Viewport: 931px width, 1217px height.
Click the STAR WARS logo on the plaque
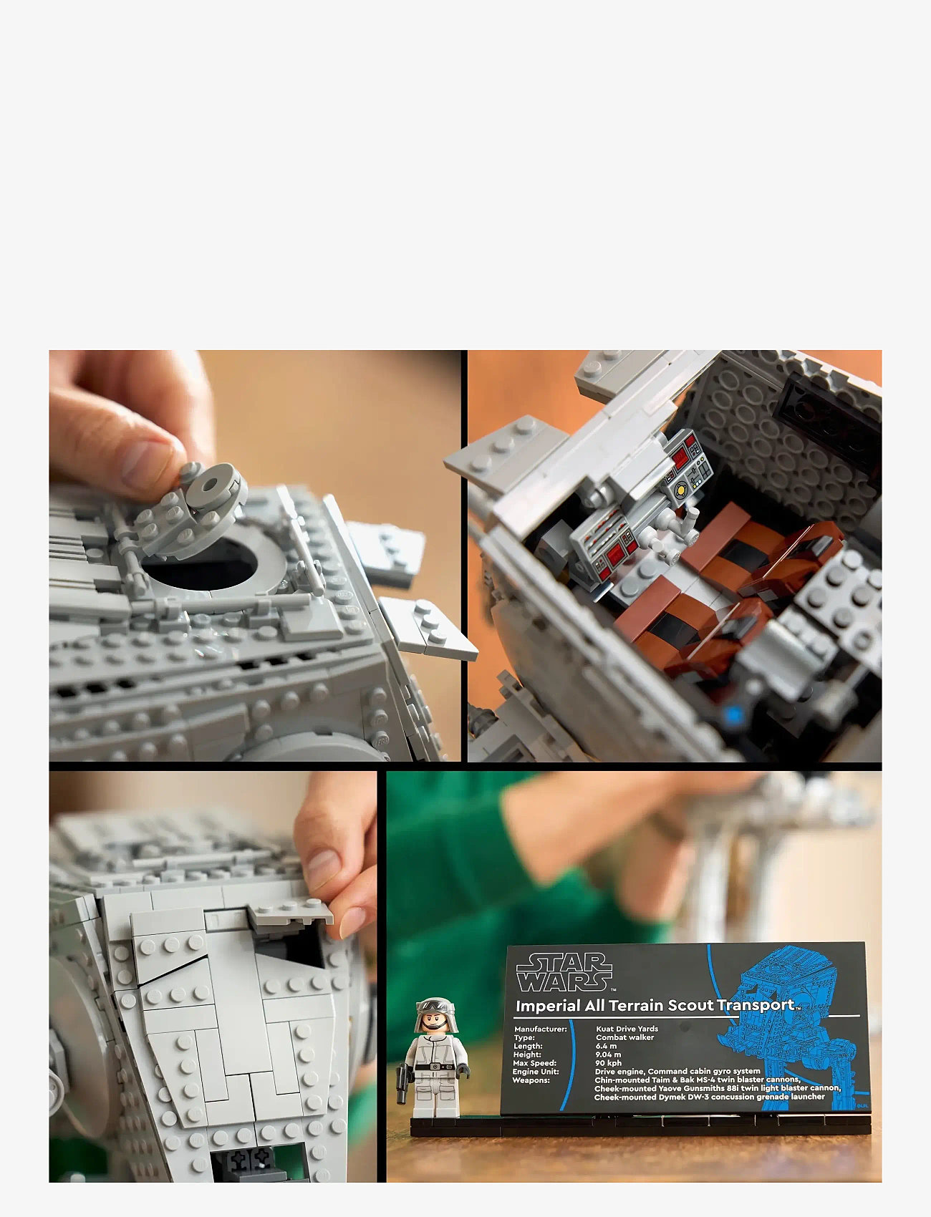pos(564,971)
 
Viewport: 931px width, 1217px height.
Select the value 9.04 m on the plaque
pos(608,1054)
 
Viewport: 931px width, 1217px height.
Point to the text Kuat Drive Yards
pos(627,1029)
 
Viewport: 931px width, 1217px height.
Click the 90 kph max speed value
pos(608,1063)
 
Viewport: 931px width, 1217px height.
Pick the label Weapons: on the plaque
pos(531,1080)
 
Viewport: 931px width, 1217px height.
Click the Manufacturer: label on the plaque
pos(540,1029)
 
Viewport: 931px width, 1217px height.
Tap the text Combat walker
pos(624,1037)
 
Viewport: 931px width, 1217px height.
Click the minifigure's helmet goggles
pos(435,1006)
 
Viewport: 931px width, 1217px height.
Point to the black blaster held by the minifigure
pos(402,1082)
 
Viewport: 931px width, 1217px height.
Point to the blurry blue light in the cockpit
pos(732,714)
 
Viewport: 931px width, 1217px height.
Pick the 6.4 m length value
pos(606,1046)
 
